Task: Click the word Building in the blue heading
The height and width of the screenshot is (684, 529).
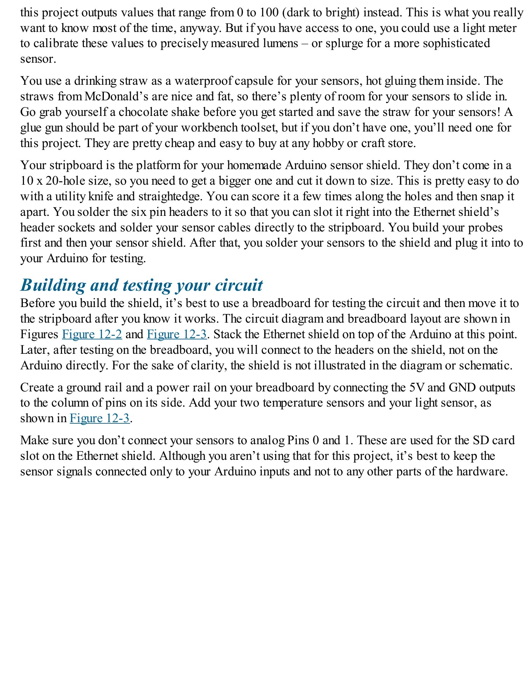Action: [x=53, y=285]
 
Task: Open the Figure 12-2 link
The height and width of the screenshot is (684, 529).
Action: [x=92, y=334]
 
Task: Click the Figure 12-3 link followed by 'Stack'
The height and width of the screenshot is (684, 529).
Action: [x=177, y=334]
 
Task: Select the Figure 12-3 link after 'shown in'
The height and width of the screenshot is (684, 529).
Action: [x=100, y=418]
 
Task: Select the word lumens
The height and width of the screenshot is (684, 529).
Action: [x=281, y=43]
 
